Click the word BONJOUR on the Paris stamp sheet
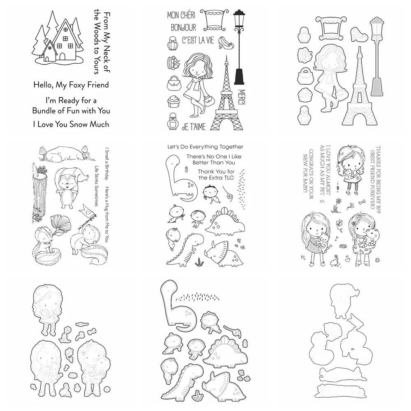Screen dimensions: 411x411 click(x=183, y=28)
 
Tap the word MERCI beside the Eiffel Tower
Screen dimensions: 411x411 click(x=241, y=98)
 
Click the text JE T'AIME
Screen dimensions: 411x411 click(x=194, y=127)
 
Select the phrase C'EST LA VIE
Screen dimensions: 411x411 click(x=198, y=40)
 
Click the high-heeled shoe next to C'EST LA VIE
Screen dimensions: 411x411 click(x=226, y=42)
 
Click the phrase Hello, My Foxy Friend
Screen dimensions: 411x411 click(x=71, y=85)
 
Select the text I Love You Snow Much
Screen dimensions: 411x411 click(x=71, y=124)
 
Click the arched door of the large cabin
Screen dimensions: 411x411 click(x=62, y=57)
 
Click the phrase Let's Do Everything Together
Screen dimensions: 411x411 click(x=205, y=147)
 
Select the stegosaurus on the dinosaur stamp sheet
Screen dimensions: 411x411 click(x=225, y=222)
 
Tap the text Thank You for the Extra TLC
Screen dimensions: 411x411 click(x=216, y=175)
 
